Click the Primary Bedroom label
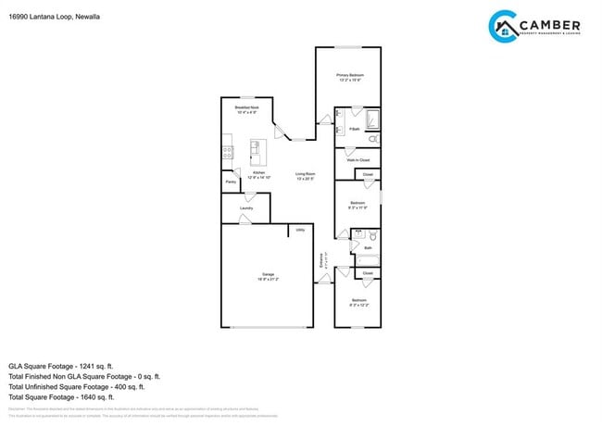(350, 75)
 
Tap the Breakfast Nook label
(246, 108)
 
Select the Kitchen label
(259, 173)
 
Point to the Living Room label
(306, 174)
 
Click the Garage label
(268, 275)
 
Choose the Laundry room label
(246, 208)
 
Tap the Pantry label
(230, 182)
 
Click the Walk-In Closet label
(357, 160)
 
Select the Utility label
(300, 229)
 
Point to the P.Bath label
(354, 129)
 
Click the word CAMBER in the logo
(550, 25)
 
